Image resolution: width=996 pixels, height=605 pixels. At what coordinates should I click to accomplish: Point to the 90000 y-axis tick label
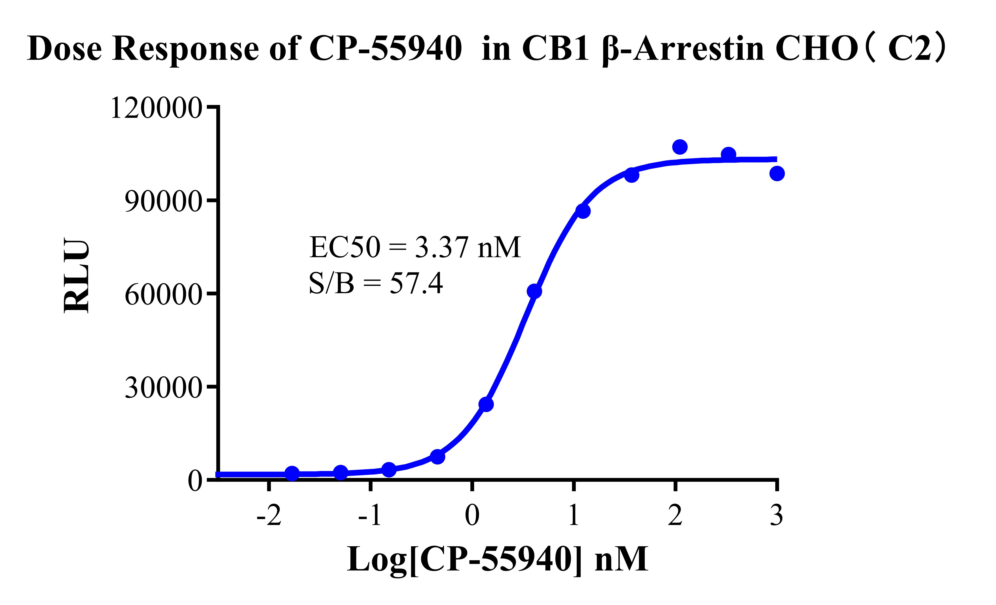[163, 201]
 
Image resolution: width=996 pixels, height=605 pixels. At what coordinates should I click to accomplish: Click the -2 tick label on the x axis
[269, 516]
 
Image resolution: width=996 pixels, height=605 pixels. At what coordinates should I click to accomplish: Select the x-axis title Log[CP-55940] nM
[497, 559]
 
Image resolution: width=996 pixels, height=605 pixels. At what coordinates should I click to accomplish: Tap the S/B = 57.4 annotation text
[376, 283]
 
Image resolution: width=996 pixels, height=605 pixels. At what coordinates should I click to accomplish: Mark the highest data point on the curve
[680, 147]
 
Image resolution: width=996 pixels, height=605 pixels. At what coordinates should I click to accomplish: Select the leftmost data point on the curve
[292, 473]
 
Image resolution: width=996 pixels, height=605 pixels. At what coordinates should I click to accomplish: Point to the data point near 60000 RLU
[534, 291]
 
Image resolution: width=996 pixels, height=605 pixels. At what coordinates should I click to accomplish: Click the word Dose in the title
[65, 48]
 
